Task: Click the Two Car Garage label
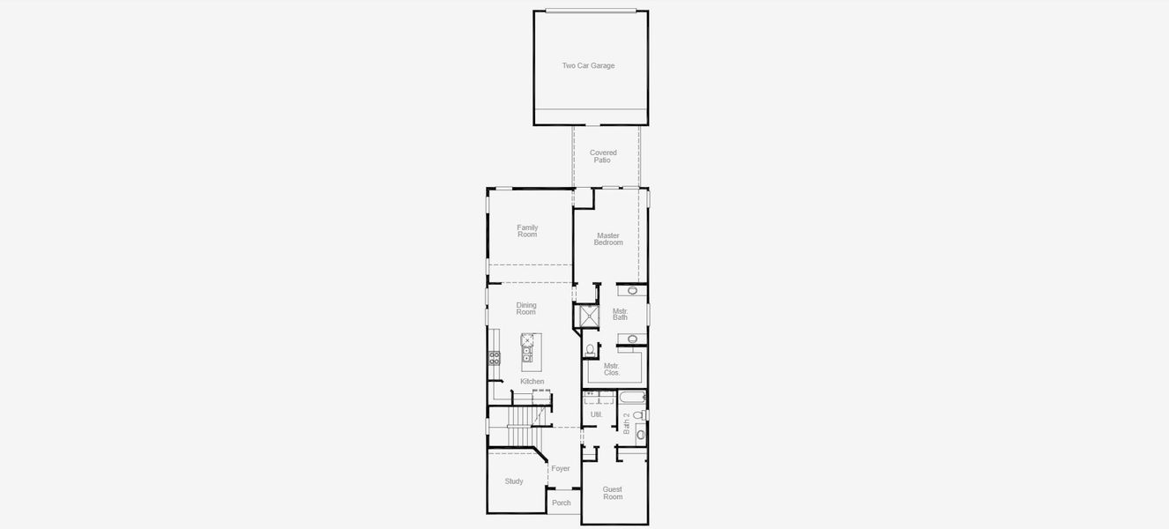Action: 588,66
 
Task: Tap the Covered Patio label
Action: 603,157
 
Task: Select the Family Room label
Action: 527,231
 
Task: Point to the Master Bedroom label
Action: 608,239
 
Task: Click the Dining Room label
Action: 526,309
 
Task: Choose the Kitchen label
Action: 532,382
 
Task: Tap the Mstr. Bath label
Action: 620,314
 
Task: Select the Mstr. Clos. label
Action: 612,369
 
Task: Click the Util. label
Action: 596,414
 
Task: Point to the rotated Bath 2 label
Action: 626,423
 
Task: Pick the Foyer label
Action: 561,468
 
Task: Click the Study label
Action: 513,481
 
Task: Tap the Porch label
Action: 561,503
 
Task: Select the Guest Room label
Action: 612,493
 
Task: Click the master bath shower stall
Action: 589,316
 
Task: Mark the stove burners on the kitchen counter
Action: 495,358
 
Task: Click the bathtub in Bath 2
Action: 632,397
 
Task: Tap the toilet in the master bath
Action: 591,350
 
